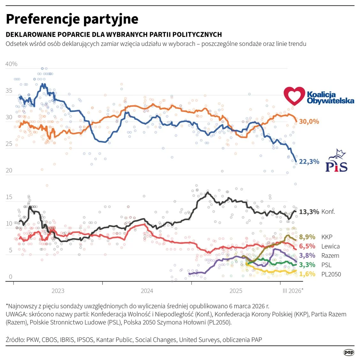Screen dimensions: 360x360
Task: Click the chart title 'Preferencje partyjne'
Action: coord(72,19)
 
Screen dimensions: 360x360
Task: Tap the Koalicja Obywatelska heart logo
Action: coord(294,96)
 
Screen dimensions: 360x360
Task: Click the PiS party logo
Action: coord(336,161)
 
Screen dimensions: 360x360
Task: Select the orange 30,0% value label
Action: coord(309,122)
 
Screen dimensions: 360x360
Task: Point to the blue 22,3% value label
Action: coord(309,162)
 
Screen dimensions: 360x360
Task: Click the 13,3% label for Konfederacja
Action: coord(309,212)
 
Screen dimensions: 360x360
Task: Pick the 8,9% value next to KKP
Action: coord(307,237)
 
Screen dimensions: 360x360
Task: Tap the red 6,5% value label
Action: coord(307,246)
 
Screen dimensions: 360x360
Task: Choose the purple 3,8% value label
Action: coord(307,256)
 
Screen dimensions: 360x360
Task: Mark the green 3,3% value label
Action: coord(307,265)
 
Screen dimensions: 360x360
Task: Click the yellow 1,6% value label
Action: coord(307,274)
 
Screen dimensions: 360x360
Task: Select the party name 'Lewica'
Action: coord(330,246)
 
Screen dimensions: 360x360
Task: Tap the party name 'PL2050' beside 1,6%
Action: coord(331,274)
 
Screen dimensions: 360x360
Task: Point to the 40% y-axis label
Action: coord(11,64)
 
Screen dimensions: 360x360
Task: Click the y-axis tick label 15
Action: coord(9,197)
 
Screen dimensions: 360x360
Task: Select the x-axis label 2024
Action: coord(147,291)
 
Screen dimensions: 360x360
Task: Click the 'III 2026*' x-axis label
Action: coord(293,291)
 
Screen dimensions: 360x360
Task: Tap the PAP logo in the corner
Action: coord(349,352)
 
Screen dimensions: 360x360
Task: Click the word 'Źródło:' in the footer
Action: coord(15,340)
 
